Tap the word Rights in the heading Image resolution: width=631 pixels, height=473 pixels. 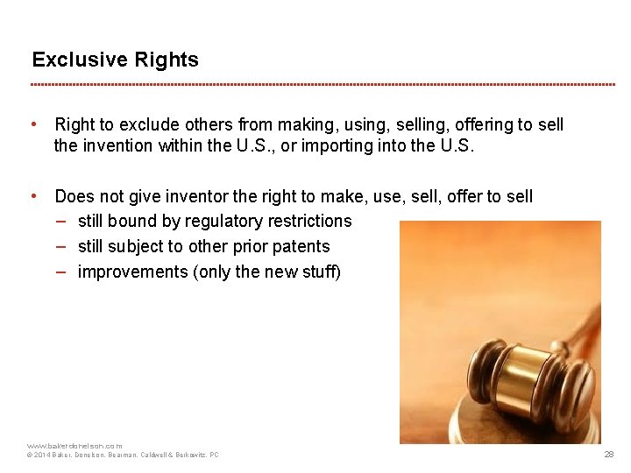166,60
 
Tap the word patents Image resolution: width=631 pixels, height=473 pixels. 301,246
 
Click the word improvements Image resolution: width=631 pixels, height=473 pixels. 132,272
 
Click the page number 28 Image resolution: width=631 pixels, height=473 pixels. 609,455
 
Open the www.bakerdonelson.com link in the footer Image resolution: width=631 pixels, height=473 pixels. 74,446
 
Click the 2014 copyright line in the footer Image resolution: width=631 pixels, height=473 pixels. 123,455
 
